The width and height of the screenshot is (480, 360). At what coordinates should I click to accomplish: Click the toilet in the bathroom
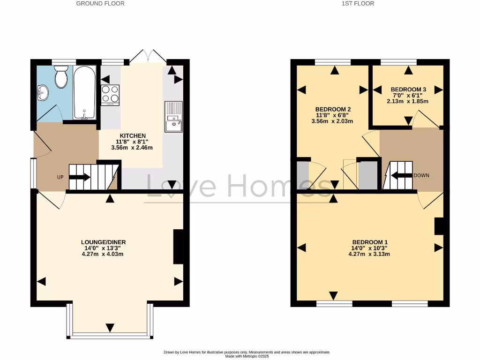pyautogui.click(x=61, y=77)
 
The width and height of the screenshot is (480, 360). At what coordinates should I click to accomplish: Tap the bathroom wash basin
pyautogui.click(x=42, y=92)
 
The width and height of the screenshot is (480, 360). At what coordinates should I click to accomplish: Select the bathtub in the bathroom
pyautogui.click(x=84, y=93)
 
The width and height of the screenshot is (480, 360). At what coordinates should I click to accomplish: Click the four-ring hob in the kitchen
pyautogui.click(x=110, y=94)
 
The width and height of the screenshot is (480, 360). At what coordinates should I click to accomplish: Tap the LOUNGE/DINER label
pyautogui.click(x=103, y=242)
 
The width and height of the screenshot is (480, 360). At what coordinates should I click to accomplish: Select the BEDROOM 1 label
pyautogui.click(x=370, y=242)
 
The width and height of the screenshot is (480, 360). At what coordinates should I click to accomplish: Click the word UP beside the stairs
pyautogui.click(x=60, y=177)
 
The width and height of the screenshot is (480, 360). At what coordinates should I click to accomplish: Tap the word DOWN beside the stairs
pyautogui.click(x=421, y=175)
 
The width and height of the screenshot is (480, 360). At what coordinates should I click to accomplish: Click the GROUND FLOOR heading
pyautogui.click(x=100, y=4)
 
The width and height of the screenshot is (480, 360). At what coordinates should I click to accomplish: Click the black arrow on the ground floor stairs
pyautogui.click(x=80, y=177)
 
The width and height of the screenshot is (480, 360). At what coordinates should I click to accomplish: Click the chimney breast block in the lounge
pyautogui.click(x=179, y=247)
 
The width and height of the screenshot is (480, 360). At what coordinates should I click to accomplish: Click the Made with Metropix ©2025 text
pyautogui.click(x=247, y=356)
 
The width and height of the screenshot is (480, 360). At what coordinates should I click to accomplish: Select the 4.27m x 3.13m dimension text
pyautogui.click(x=370, y=254)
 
